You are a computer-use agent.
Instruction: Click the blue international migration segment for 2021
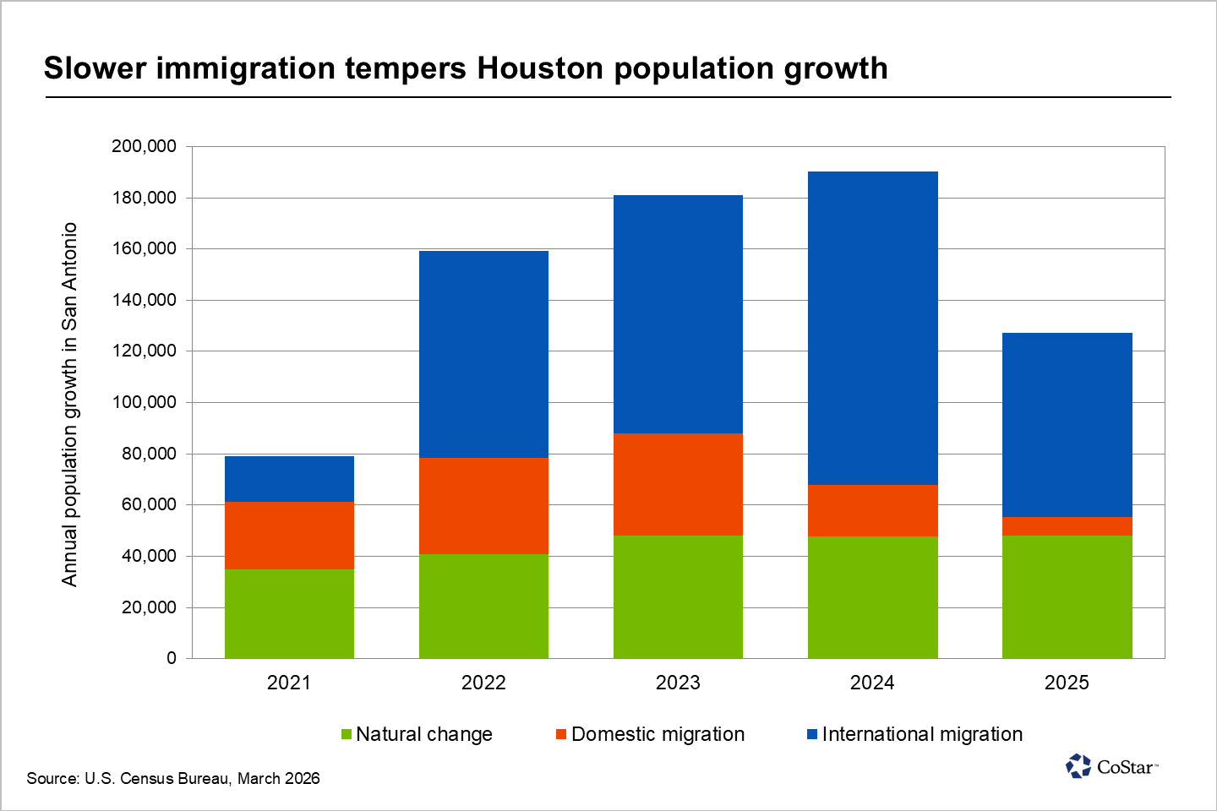[x=289, y=478]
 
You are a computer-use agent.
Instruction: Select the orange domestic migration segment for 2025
[x=1067, y=525]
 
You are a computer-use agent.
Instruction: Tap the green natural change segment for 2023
[x=678, y=596]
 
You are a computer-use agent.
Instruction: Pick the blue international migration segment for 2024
[x=872, y=328]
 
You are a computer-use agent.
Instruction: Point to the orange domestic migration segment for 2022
[x=483, y=505]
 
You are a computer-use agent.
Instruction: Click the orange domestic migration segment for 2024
[x=872, y=510]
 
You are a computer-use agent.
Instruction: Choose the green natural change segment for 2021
[x=289, y=613]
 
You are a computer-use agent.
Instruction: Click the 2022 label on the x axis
[x=483, y=683]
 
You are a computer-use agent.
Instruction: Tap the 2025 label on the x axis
[x=1067, y=683]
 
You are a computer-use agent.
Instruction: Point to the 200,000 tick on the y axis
[x=144, y=146]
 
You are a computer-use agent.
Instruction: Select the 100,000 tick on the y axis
[x=144, y=402]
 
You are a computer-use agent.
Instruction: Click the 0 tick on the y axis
[x=172, y=658]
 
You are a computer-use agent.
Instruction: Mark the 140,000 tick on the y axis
[x=144, y=300]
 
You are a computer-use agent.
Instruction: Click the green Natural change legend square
[x=346, y=734]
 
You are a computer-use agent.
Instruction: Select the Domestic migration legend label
[x=658, y=734]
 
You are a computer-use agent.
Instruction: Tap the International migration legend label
[x=922, y=734]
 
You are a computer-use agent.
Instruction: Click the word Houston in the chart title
[x=541, y=68]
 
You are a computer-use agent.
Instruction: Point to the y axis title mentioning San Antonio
[x=69, y=404]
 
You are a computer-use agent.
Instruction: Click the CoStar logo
[x=1111, y=766]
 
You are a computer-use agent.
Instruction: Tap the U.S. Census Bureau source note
[x=173, y=778]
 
